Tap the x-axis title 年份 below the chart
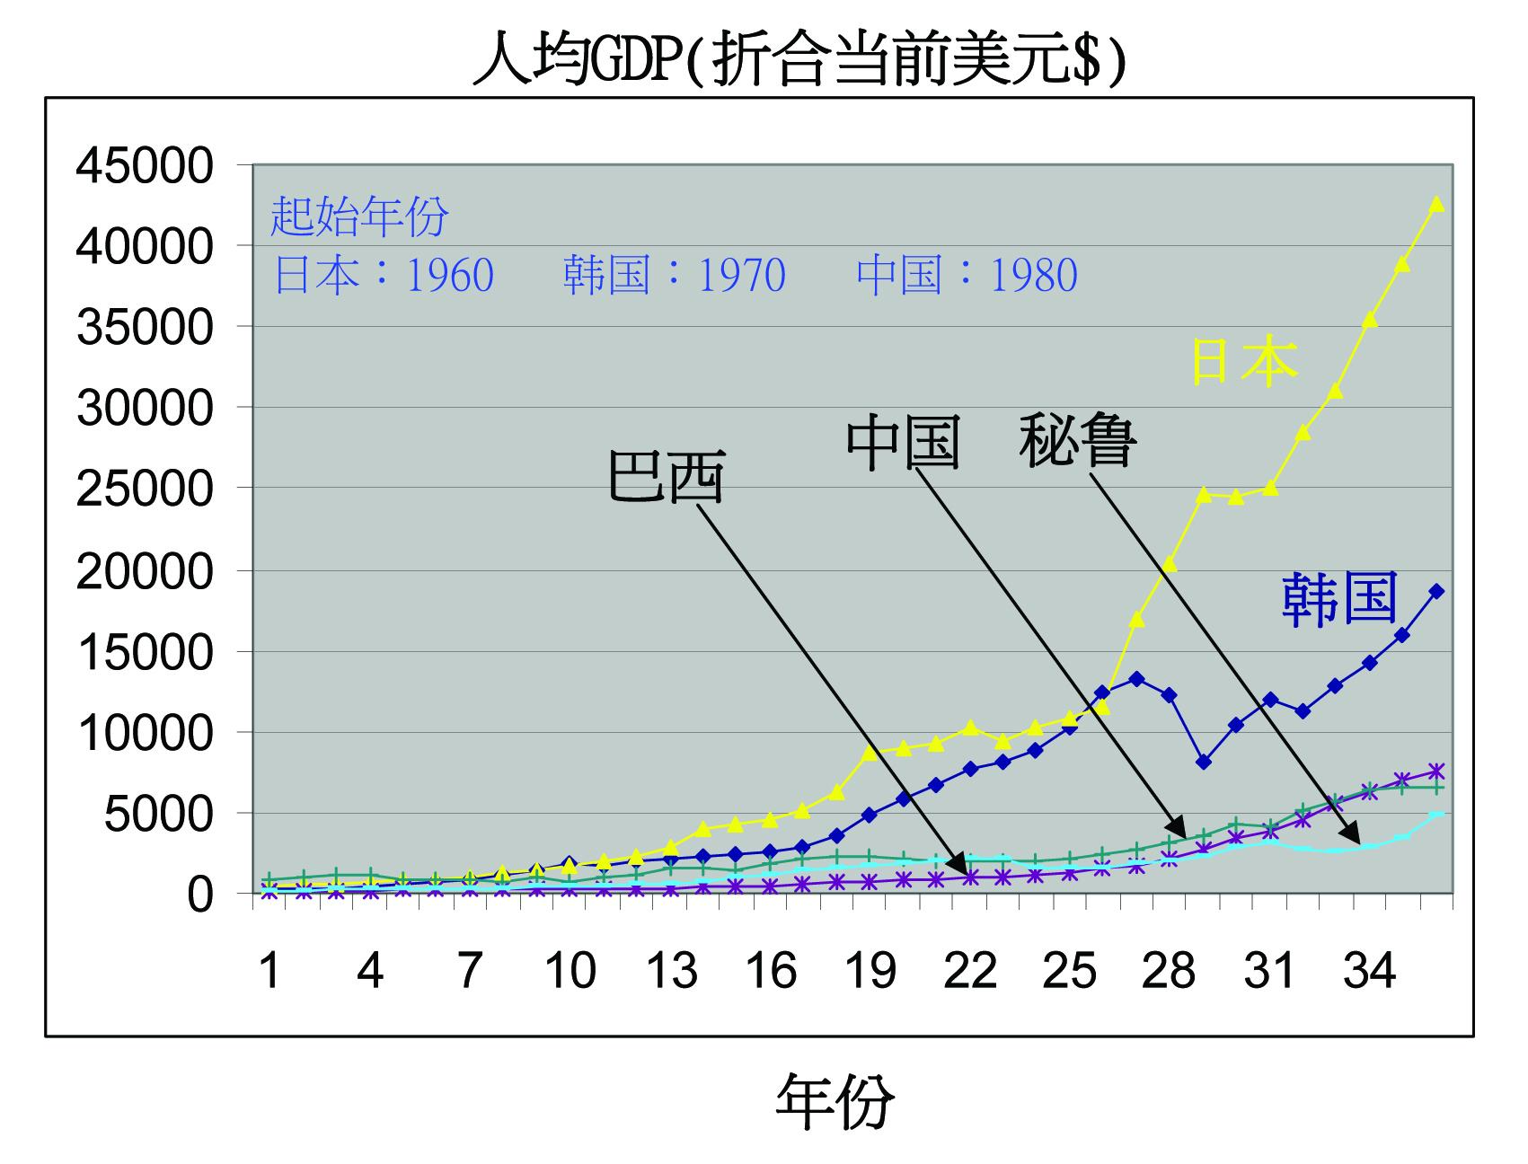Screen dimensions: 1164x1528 835,1102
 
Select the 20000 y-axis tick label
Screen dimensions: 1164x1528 146,571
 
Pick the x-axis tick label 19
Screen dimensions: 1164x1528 870,971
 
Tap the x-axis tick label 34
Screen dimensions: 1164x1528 1369,971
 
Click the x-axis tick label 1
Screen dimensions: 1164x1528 269,971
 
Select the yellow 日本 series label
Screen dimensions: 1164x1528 1243,362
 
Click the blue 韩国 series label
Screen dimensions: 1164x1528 1339,598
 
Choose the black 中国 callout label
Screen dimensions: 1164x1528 904,442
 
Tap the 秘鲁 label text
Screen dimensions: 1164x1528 1077,439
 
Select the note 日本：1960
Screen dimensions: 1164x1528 384,275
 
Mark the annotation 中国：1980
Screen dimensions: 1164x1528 967,275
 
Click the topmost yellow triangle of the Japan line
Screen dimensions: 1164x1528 1436,205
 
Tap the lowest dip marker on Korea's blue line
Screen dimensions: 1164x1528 1204,763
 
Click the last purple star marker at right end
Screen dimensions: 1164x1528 1436,772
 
